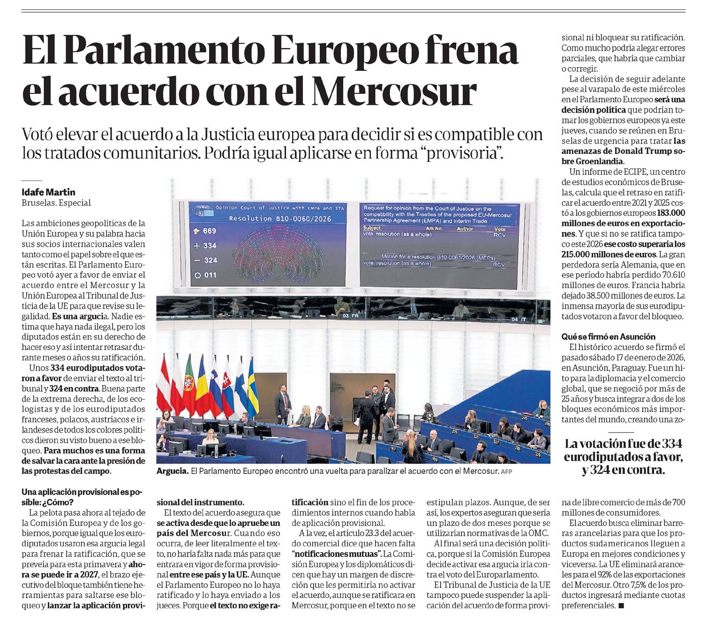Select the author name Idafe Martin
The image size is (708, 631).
(48, 192)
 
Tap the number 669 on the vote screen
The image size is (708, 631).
(209, 230)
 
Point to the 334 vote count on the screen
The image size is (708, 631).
(209, 245)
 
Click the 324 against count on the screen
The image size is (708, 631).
(210, 260)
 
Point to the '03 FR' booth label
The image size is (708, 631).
(350, 316)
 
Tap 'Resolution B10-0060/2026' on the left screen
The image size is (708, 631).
(280, 219)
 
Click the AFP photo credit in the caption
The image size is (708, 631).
(506, 471)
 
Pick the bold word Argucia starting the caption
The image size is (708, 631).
(172, 471)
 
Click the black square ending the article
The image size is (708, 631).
(622, 606)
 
